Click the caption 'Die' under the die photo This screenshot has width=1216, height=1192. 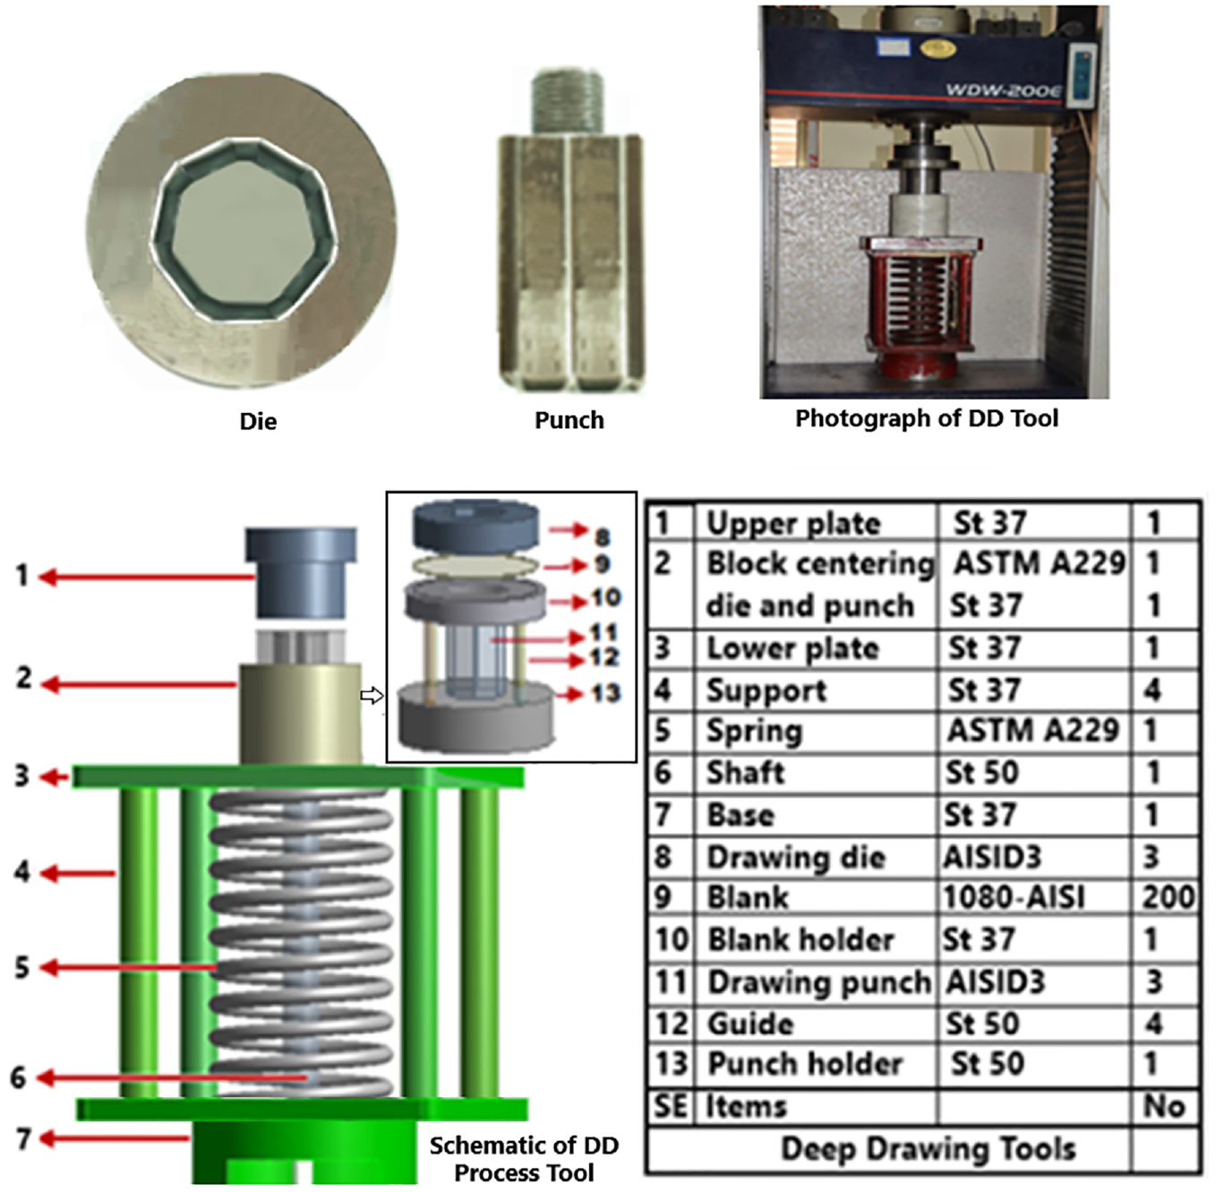click(x=258, y=421)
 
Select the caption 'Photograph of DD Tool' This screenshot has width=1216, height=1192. click(x=927, y=418)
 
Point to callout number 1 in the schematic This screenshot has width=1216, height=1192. click(x=22, y=576)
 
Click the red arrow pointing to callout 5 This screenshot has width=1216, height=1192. click(x=130, y=967)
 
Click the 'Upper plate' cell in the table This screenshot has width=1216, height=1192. click(x=792, y=523)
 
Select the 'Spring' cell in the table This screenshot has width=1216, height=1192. click(x=754, y=732)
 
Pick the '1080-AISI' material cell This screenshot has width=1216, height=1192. click(x=1014, y=897)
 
